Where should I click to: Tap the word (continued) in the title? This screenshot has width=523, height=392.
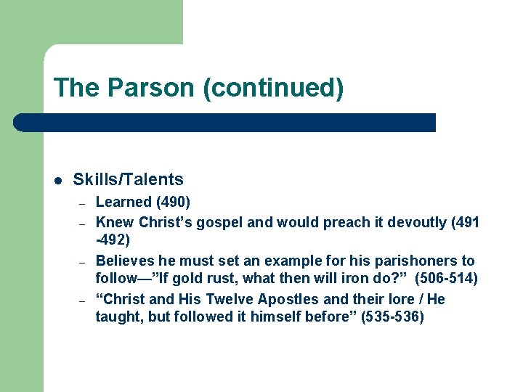273,88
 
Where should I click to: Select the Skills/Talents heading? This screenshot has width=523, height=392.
128,179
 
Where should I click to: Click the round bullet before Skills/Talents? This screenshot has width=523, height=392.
57,180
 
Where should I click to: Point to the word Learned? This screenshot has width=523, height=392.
123,202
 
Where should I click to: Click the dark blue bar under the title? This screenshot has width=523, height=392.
225,123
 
